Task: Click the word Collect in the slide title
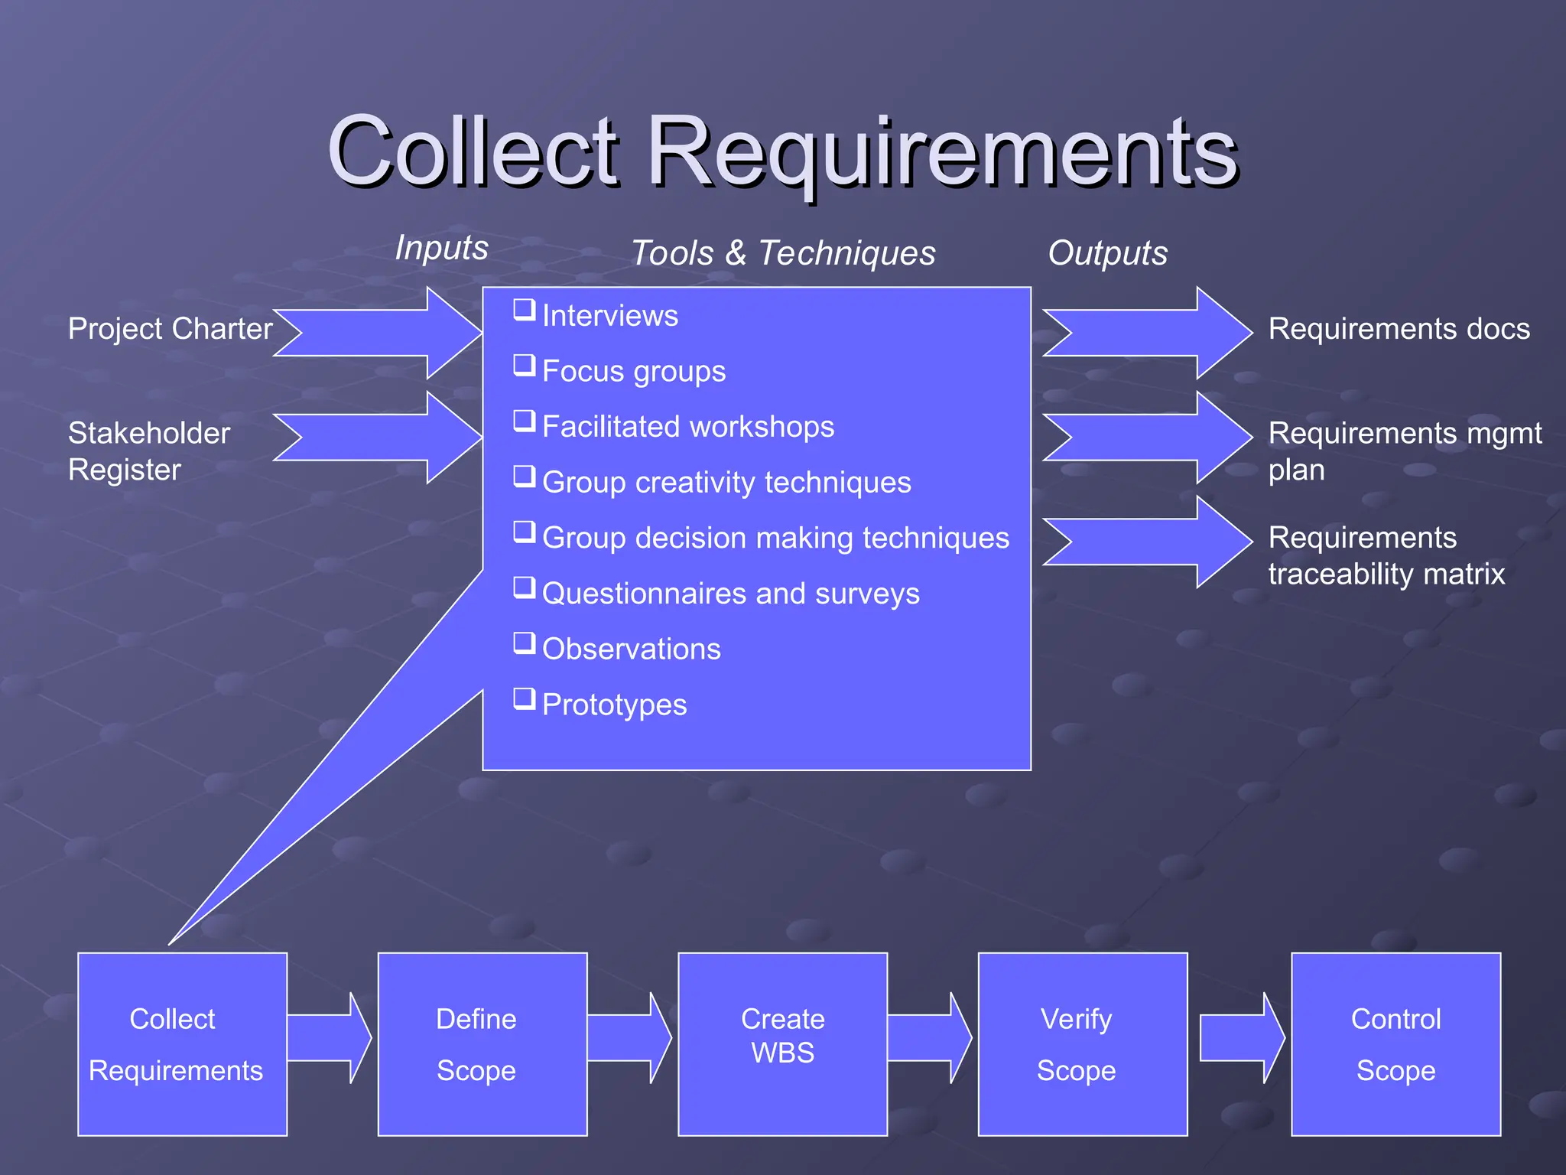tap(472, 151)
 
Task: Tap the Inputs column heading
tap(441, 248)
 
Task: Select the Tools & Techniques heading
tap(783, 253)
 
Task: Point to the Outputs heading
tap(1107, 253)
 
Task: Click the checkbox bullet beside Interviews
tap(524, 310)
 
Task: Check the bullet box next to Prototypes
tap(524, 698)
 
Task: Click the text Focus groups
tap(633, 372)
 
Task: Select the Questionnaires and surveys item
tap(730, 594)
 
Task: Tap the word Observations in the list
tap(631, 649)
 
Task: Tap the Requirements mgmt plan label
tap(1404, 451)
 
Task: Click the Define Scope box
tap(482, 1044)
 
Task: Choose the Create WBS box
tap(782, 1044)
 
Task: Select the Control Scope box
tap(1395, 1044)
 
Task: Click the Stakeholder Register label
tap(148, 451)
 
